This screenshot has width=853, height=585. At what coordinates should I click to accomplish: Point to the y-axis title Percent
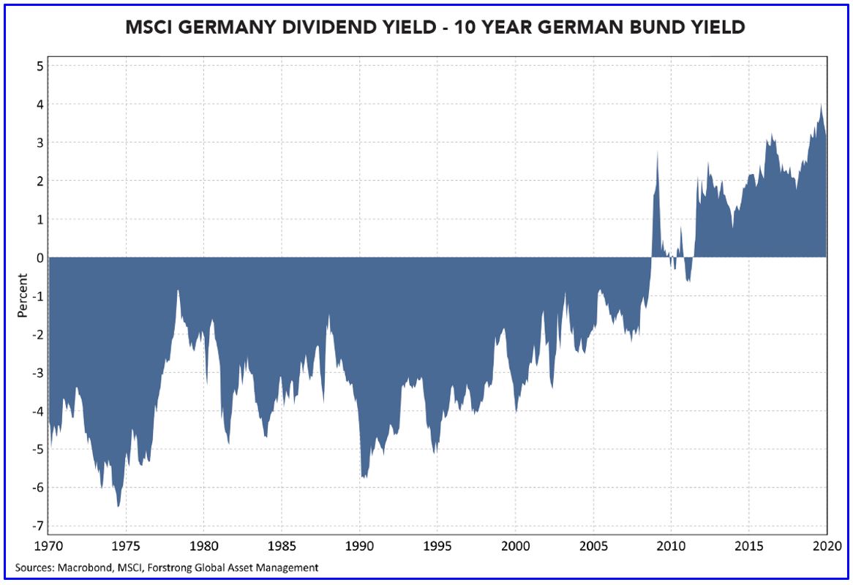(23, 295)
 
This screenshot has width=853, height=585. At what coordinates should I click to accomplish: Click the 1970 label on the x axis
(48, 546)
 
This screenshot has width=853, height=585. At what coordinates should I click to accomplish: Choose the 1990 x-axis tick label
(359, 546)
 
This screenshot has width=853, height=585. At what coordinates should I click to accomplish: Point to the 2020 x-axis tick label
(827, 546)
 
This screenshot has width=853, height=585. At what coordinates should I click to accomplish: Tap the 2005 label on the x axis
(593, 546)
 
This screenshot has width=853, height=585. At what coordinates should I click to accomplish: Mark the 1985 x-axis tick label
(282, 546)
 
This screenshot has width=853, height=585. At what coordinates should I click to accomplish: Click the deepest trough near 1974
(119, 505)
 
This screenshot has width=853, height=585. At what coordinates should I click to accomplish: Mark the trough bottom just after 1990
(364, 477)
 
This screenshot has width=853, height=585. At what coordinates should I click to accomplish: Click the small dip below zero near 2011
(688, 280)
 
